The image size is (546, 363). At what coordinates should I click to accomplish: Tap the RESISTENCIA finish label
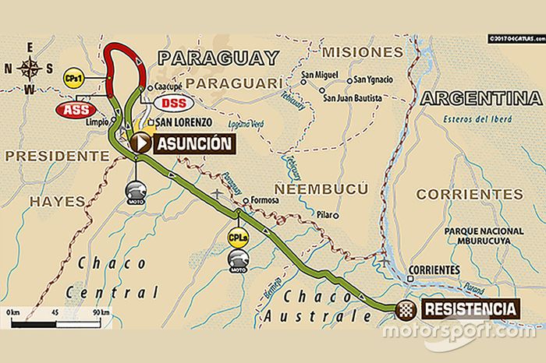(x=471, y=308)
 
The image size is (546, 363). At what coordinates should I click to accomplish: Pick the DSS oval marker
(x=174, y=103)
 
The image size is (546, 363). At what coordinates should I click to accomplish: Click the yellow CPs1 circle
(x=75, y=79)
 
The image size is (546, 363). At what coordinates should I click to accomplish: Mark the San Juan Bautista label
(x=353, y=98)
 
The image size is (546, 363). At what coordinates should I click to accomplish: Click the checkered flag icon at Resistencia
(x=406, y=308)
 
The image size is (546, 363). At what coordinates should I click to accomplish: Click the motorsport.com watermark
(x=459, y=330)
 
